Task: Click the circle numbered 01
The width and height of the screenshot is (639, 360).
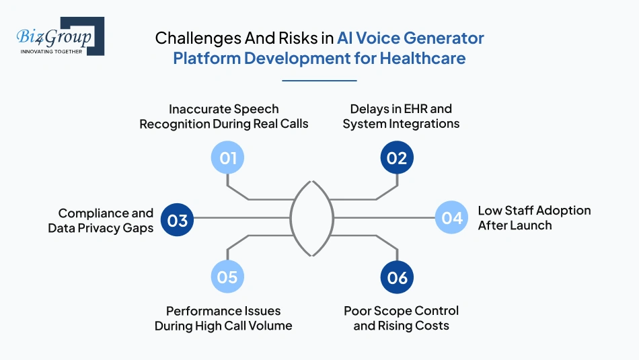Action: pos(228,158)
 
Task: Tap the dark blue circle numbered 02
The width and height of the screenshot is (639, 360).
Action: pos(397,158)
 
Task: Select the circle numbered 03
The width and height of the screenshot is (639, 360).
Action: pos(178,221)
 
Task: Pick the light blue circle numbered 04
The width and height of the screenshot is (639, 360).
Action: pos(451,217)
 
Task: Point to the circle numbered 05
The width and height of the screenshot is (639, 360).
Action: pos(227,277)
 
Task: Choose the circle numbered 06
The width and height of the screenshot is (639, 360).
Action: pos(397,277)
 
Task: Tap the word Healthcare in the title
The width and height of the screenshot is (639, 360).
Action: pos(422,59)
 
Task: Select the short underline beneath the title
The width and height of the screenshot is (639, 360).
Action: pos(319,81)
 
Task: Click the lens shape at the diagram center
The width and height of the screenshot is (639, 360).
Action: pos(312,217)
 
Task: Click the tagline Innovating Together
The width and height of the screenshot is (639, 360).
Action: pos(51,51)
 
